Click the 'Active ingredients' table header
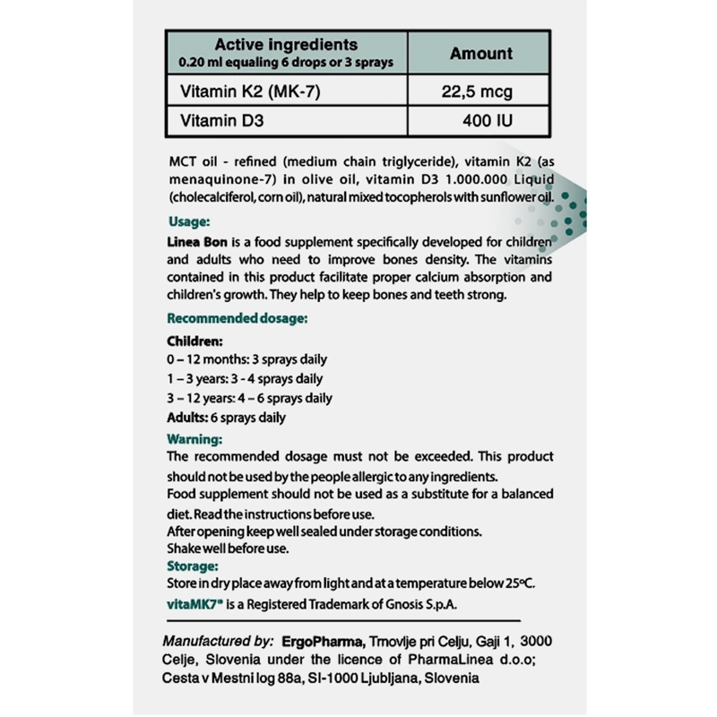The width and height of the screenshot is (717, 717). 286,45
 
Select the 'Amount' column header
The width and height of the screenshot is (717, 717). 481,54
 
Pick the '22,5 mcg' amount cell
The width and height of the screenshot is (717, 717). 481,91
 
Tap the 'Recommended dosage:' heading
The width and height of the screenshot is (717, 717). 238,318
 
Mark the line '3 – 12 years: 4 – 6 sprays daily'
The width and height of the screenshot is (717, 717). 250,398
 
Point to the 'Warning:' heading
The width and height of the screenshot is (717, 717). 194,439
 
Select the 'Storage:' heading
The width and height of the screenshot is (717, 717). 192,566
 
